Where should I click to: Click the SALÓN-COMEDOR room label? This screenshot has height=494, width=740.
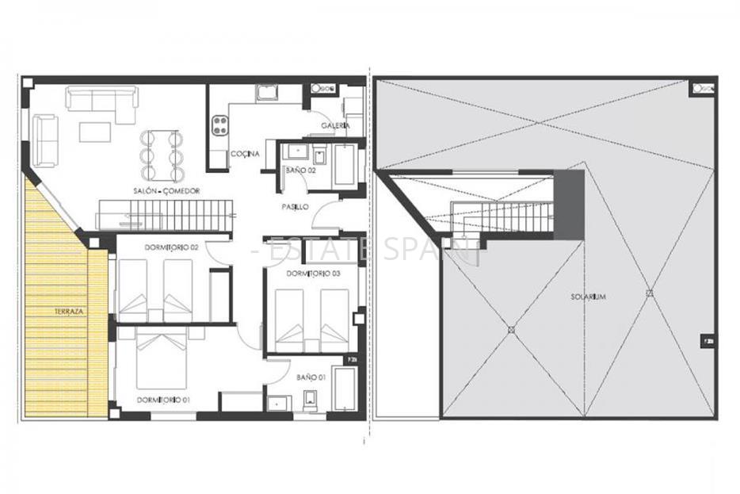point(166,191)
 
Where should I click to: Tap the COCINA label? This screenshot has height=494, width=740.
point(244,154)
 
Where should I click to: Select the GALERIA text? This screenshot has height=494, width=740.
point(335,126)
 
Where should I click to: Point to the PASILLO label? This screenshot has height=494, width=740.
point(296,207)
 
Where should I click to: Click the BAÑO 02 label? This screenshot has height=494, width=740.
point(300,170)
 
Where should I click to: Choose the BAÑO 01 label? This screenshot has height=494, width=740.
point(311,377)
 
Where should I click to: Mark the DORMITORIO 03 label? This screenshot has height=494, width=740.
point(313,274)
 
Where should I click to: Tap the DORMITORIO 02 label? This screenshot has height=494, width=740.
point(170,247)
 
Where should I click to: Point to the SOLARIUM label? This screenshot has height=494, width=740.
point(588,297)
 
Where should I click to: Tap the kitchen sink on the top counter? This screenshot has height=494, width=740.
point(265,94)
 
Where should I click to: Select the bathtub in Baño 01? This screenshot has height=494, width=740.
point(344,389)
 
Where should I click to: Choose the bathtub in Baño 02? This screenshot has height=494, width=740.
point(345,165)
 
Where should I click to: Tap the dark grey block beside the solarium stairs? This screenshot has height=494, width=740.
point(568,205)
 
